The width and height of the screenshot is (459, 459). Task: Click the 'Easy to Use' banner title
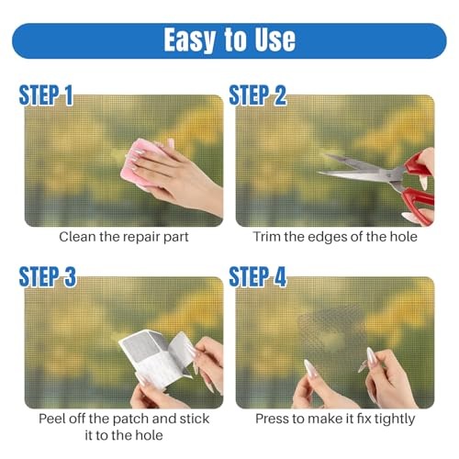pos(229,39)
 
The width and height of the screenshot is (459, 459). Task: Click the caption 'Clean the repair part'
pos(124,237)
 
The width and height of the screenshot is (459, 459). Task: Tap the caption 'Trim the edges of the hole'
pos(335,237)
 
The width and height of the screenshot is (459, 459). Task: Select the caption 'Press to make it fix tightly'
pos(335,419)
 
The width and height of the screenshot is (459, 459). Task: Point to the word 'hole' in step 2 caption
pos(400,237)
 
